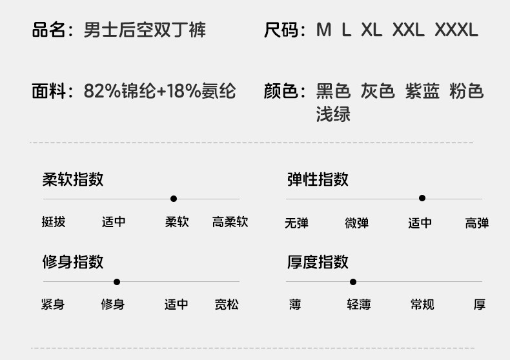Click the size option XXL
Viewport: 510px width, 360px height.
point(408,30)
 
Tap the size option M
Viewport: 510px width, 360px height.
point(323,30)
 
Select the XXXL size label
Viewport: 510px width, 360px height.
point(456,30)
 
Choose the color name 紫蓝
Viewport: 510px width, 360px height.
point(422,92)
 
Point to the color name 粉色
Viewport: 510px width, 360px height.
point(466,92)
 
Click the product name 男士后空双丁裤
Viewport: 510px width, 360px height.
point(145,30)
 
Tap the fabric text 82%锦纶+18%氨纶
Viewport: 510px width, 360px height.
point(159,92)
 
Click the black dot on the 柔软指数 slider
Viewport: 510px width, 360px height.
point(174,199)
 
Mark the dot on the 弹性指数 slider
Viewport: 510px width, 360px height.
point(422,199)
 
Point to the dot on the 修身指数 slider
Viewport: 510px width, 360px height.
point(117,282)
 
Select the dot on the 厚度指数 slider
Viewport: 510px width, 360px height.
point(353,282)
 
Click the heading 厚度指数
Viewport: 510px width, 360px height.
point(318,262)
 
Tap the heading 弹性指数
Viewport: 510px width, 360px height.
point(318,179)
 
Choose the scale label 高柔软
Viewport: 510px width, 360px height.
point(230,223)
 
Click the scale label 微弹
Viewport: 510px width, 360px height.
point(356,223)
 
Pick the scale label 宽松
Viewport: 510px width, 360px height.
point(227,305)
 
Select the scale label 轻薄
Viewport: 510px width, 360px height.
point(358,305)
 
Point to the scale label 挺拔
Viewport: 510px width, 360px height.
point(54,223)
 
